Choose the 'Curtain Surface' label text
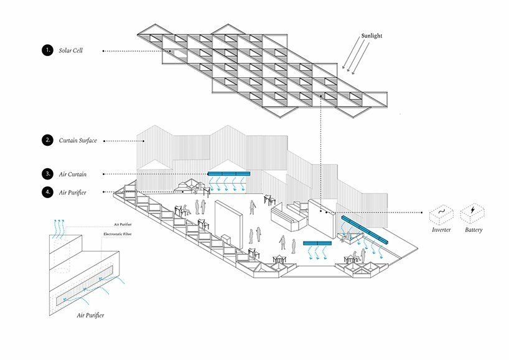[x=78, y=141]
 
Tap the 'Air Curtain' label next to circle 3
[x=73, y=174]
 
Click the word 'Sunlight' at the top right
[x=371, y=36]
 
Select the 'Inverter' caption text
[x=441, y=230]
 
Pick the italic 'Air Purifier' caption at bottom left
[x=90, y=316]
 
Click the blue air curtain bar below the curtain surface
[x=228, y=173]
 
